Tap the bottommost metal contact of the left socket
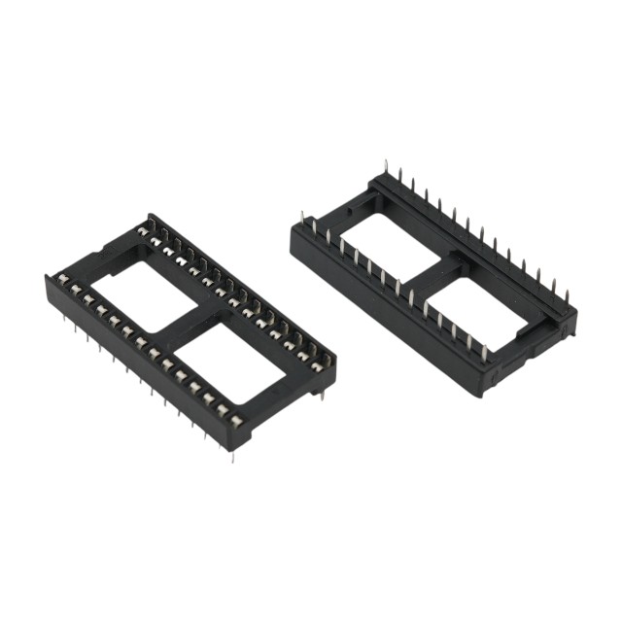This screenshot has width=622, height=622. (x=235, y=420)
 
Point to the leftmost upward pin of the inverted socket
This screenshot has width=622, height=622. (x=302, y=218)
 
